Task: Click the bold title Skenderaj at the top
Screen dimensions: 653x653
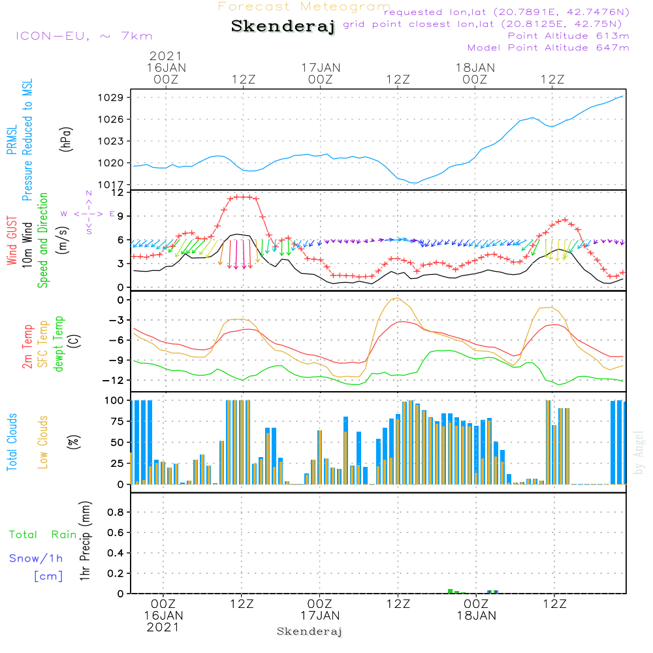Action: coord(283,27)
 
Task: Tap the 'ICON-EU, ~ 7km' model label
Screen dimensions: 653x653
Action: coord(84,36)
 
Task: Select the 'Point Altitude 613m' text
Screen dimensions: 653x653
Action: coord(568,36)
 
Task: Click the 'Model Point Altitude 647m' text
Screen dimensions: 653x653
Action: coord(549,48)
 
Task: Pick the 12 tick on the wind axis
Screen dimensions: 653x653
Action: coord(118,193)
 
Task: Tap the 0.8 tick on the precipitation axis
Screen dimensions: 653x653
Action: coord(116,512)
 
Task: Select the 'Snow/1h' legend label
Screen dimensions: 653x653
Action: coord(37,558)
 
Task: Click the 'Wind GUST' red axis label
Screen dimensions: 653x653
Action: coord(12,241)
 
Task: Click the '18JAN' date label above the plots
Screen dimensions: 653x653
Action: coord(475,67)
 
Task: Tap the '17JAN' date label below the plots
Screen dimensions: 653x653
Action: coord(320,616)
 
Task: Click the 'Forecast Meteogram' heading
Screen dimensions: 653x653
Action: coord(304,7)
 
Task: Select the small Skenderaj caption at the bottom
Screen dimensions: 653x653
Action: coord(310,631)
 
